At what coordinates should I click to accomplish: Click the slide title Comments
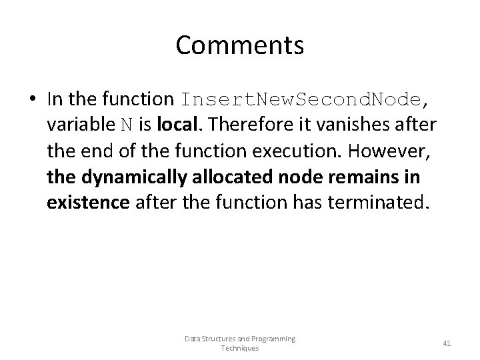tap(240, 45)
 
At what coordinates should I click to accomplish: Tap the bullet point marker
tap(33, 100)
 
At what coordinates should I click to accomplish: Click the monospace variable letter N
tap(127, 124)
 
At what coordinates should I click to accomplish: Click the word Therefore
tap(242, 123)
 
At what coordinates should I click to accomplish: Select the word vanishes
tap(361, 123)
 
